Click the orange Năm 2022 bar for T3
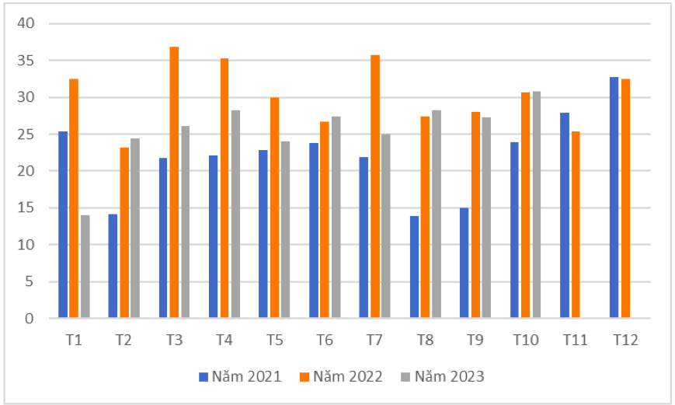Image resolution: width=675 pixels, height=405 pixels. [174, 182]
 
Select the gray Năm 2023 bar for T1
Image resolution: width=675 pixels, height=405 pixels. [85, 267]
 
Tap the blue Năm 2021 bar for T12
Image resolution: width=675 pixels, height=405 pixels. [614, 197]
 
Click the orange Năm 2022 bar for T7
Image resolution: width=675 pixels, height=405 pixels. [375, 187]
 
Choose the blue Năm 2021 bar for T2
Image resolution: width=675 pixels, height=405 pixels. [113, 266]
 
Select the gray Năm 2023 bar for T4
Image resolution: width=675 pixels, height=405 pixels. [235, 214]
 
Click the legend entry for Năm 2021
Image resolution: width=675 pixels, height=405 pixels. [236, 377]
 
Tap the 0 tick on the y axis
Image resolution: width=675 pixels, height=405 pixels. [30, 319]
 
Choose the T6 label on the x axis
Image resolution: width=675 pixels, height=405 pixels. [325, 340]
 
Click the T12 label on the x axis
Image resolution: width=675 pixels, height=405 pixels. [625, 340]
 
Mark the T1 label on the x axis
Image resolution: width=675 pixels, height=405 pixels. [74, 340]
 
